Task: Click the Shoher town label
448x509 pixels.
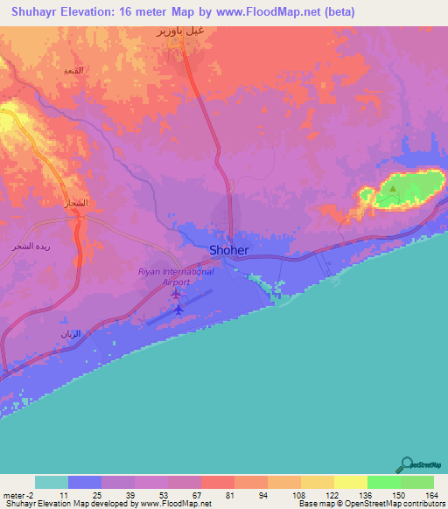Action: point(229,250)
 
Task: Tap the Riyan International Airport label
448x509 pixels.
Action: point(176,277)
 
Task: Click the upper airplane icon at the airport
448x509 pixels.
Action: point(176,294)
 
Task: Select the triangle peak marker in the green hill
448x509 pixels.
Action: point(393,188)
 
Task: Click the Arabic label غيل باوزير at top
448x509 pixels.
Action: point(180,32)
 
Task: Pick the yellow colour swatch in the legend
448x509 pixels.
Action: point(350,482)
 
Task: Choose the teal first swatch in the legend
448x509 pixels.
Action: point(51,482)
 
